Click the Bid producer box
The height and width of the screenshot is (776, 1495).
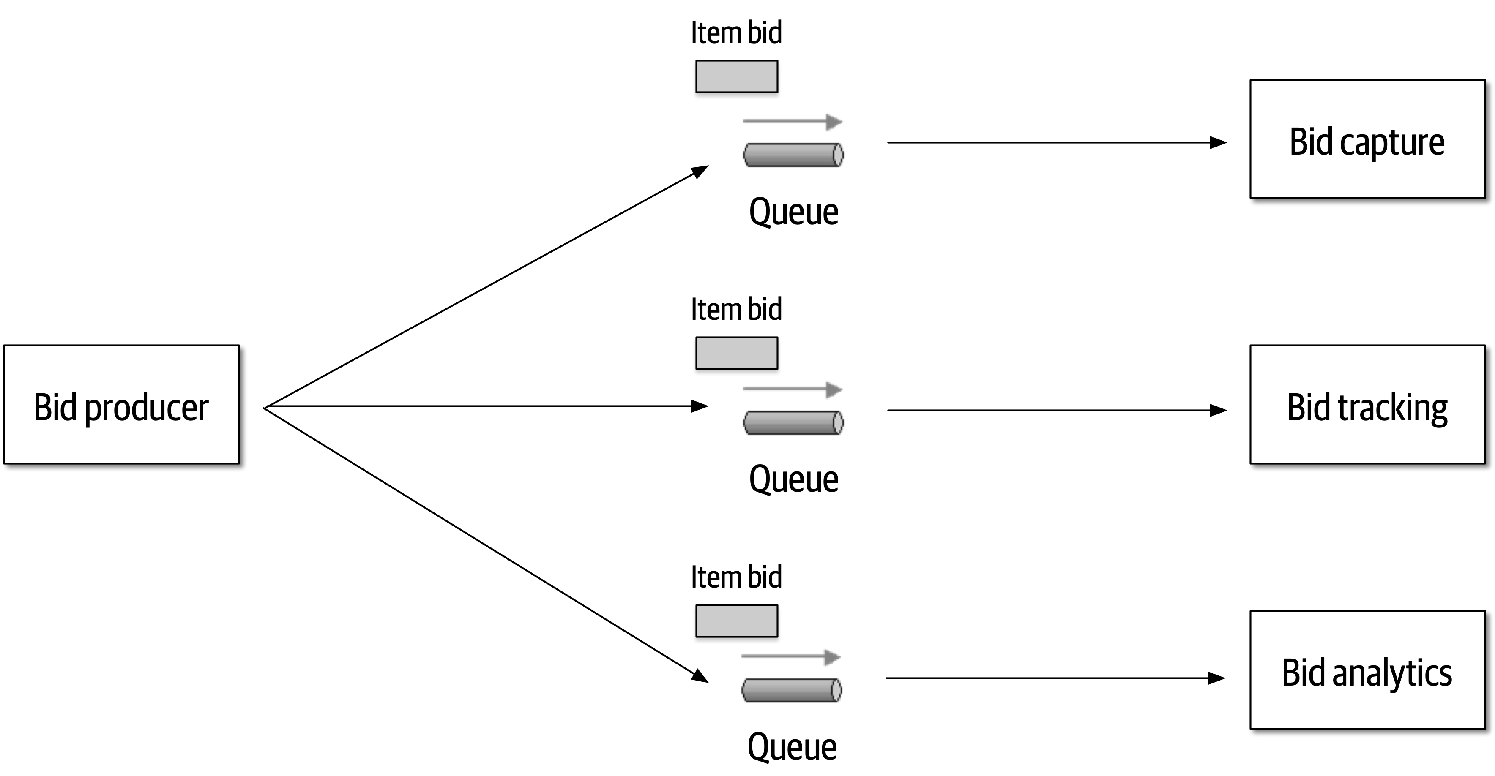click(121, 405)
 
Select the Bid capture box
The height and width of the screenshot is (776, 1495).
click(1367, 140)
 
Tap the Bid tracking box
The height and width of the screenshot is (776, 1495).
click(1367, 405)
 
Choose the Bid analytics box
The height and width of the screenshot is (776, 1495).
click(1367, 670)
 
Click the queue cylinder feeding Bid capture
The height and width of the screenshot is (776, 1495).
click(793, 155)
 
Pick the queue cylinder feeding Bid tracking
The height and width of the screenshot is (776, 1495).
click(793, 423)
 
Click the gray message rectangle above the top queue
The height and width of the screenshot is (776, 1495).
click(736, 76)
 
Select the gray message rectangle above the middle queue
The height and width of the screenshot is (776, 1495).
click(736, 353)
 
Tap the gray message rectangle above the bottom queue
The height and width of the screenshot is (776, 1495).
click(736, 621)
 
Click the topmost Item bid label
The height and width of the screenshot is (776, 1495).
click(736, 33)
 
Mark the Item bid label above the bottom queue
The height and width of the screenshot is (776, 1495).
click(736, 577)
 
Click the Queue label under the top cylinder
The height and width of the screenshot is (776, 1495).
click(793, 212)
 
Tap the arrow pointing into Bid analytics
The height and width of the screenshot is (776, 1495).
click(1055, 678)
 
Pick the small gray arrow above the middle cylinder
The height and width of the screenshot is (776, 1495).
click(792, 389)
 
